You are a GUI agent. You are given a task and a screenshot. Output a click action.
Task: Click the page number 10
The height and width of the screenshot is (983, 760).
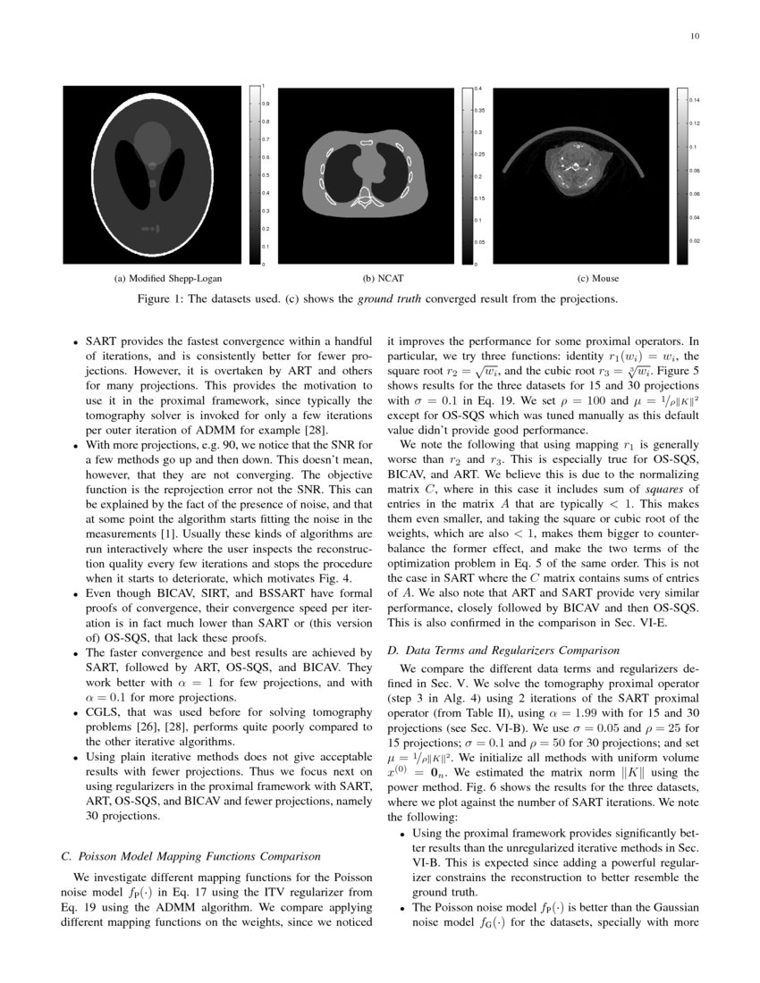pyautogui.click(x=695, y=37)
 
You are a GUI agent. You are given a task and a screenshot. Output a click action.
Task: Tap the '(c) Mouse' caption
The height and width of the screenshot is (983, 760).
pyautogui.click(x=600, y=279)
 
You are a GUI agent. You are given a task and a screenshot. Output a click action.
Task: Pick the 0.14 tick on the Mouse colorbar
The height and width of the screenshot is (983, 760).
pyautogui.click(x=694, y=99)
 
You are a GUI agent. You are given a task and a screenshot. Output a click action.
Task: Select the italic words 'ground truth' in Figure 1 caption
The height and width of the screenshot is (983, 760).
pyautogui.click(x=387, y=298)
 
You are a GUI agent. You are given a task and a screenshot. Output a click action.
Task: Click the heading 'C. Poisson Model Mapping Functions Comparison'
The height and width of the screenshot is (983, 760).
pyautogui.click(x=190, y=855)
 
